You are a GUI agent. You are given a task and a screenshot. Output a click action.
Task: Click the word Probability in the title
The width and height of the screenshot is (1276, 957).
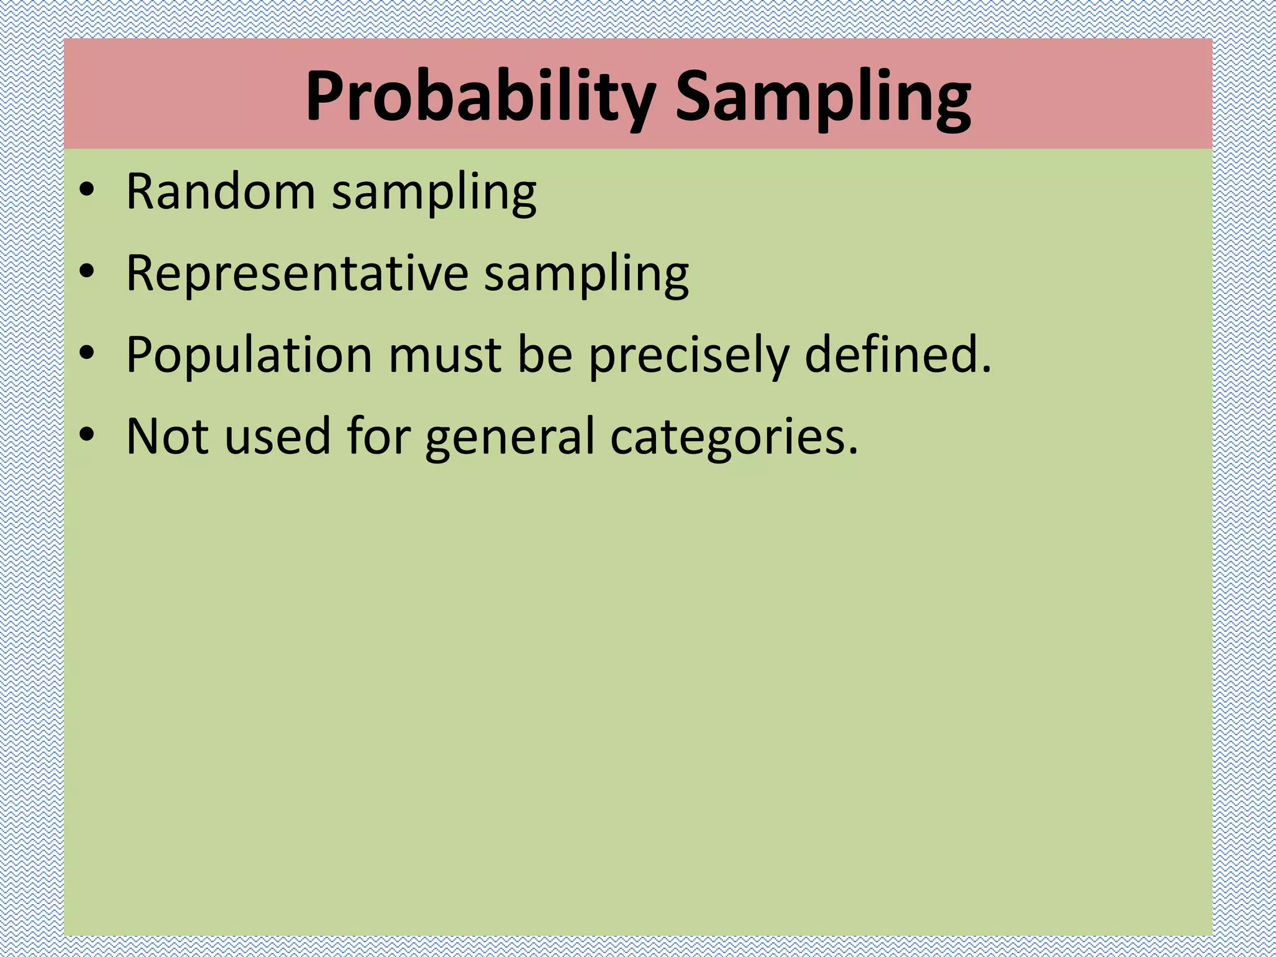click(x=479, y=98)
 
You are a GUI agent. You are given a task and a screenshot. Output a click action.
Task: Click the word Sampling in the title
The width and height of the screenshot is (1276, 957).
click(x=823, y=98)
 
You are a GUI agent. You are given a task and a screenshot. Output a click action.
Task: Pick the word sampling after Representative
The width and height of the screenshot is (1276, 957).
click(x=586, y=275)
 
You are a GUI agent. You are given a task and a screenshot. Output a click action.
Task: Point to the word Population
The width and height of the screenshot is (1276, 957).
click(x=249, y=355)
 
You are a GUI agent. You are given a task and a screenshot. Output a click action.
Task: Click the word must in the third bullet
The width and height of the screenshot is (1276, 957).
click(x=445, y=355)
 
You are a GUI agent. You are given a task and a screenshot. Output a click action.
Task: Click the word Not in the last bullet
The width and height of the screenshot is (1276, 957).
click(x=167, y=436)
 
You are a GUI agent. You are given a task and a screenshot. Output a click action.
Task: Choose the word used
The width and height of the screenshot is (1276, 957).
click(x=277, y=436)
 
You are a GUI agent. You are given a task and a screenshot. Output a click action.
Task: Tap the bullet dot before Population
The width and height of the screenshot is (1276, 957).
click(x=87, y=353)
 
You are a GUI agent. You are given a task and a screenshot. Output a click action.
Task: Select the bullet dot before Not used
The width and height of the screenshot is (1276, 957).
click(x=87, y=434)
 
